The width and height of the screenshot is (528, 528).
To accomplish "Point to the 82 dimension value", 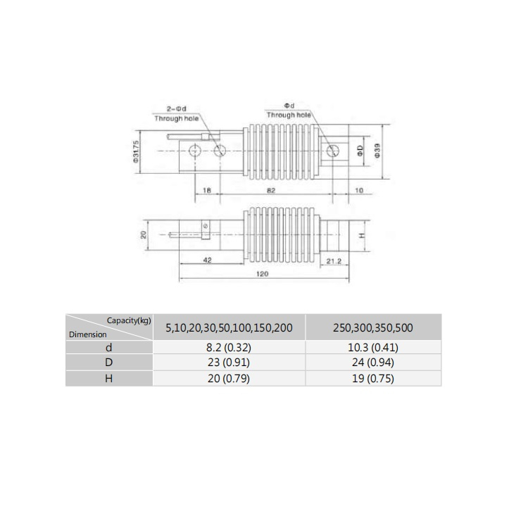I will tap(270, 191).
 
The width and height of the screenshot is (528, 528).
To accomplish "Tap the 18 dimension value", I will tap(207, 191).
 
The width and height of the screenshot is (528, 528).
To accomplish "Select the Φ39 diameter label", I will tap(377, 151).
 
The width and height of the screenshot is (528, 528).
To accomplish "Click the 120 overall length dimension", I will tap(263, 275).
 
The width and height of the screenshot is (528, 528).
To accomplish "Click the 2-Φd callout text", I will tap(176, 108).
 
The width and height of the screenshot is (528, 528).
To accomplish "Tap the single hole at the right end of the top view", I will tap(334, 151).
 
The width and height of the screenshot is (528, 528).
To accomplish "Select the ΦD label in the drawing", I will tap(360, 151).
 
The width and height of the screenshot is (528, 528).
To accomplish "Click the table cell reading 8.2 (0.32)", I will tap(228, 347).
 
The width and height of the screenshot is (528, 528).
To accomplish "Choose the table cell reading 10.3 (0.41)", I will tap(373, 347).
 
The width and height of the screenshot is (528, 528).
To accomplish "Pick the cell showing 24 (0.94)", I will tap(373, 363).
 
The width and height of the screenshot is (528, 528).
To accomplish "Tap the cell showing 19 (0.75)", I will tap(373, 378).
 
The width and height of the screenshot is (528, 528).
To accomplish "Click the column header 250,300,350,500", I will tap(373, 327).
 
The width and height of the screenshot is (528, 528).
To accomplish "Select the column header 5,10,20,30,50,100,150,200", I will tap(228, 327).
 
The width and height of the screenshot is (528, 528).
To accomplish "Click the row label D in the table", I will tap(108, 363).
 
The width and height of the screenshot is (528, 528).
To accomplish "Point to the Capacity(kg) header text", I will tap(129, 320).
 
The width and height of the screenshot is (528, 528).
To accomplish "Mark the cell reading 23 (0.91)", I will tap(228, 363).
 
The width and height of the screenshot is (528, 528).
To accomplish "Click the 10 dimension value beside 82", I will tap(358, 191).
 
